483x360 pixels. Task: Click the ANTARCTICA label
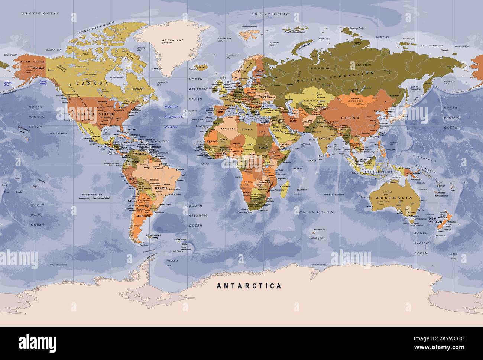click(x=249, y=286)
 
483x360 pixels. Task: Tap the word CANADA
click(x=87, y=84)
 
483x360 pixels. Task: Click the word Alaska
click(x=38, y=68)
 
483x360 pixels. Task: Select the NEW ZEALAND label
click(x=435, y=220)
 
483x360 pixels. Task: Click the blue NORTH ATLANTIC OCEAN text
click(x=171, y=117)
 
